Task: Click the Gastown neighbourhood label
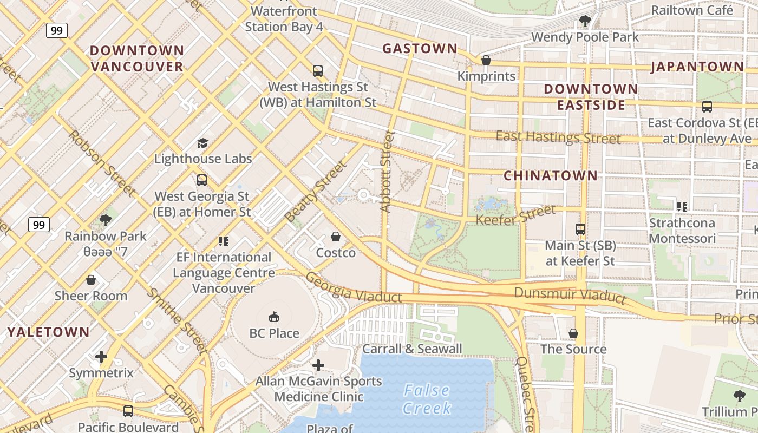pos(420,49)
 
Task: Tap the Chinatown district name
pos(551,175)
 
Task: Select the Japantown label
pos(697,67)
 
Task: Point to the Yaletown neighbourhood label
pos(49,332)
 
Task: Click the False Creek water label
pos(426,399)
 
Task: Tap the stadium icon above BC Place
pos(274,317)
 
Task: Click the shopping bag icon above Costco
pos(336,237)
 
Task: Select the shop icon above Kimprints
pos(486,60)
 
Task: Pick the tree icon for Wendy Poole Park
pos(585,21)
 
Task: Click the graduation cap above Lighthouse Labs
pos(202,143)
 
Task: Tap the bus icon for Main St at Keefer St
pos(580,229)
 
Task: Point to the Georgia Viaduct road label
pos(354,287)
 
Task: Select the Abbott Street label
pos(387,171)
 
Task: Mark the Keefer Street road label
pos(515,215)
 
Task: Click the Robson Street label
pos(101,162)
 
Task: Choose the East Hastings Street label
pos(558,137)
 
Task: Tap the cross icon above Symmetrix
pos(101,357)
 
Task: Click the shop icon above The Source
pos(573,333)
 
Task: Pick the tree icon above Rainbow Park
pos(106,220)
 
